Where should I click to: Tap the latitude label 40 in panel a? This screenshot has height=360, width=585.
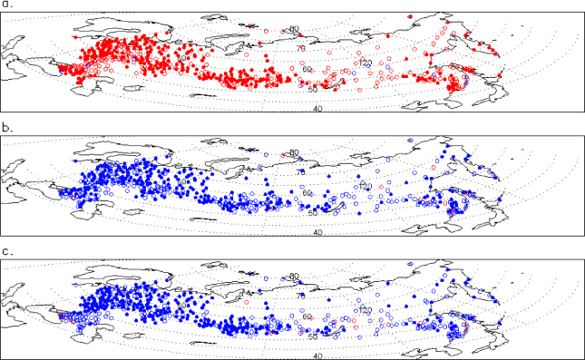(x=317, y=109)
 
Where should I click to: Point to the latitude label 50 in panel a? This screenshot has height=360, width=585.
(x=314, y=88)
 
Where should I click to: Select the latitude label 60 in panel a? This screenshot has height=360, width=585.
(x=307, y=70)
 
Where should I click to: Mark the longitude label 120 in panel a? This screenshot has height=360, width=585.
(x=366, y=63)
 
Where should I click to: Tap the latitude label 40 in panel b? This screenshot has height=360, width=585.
(x=317, y=233)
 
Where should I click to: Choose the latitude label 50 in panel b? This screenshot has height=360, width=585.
(x=314, y=212)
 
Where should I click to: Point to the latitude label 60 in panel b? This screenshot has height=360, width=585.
(x=307, y=193)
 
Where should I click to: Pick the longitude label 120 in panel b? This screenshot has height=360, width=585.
(x=366, y=186)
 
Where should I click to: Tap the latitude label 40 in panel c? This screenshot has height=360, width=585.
(x=317, y=356)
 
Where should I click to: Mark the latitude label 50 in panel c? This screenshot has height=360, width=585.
(x=314, y=336)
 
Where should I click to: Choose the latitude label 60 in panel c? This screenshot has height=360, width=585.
(x=307, y=316)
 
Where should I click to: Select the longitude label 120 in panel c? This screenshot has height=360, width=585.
(x=366, y=309)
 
